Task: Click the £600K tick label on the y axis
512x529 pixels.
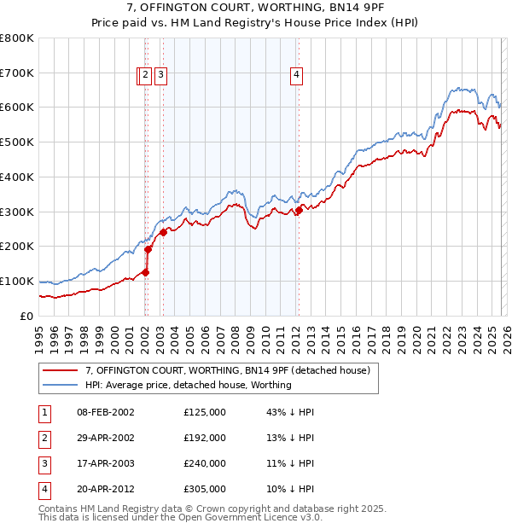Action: click(17, 108)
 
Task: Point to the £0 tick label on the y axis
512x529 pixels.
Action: click(27, 316)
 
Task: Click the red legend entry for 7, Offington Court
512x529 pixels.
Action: click(227, 370)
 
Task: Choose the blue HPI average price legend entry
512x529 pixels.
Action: click(188, 385)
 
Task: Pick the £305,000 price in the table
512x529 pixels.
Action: click(205, 489)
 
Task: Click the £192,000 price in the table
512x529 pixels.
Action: click(205, 438)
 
